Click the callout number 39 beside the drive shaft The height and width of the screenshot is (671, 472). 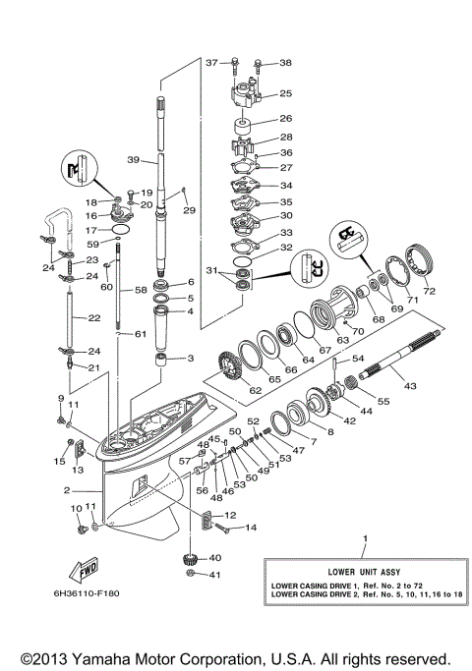(x=134, y=160)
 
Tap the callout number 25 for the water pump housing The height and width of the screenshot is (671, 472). (x=286, y=94)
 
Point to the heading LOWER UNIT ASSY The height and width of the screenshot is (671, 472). (x=362, y=570)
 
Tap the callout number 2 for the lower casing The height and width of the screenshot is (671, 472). (x=67, y=489)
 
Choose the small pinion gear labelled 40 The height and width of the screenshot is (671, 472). (x=186, y=563)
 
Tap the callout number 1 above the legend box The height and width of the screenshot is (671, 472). (x=366, y=538)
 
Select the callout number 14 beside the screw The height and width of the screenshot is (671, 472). (x=250, y=529)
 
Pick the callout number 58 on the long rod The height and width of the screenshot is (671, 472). (x=141, y=291)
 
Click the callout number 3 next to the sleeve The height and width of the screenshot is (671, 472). (x=191, y=358)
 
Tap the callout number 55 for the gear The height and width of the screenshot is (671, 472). (x=383, y=402)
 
